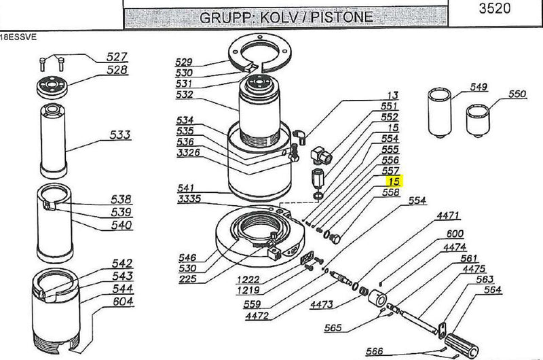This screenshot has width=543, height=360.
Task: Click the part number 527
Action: tap(117, 58)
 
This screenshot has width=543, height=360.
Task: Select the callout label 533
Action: tap(121, 135)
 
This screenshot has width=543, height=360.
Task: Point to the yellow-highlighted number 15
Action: tap(393, 183)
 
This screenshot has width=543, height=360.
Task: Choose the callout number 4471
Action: tap(449, 217)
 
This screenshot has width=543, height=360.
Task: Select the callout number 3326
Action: tap(189, 152)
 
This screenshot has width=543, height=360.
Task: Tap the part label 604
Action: tap(123, 301)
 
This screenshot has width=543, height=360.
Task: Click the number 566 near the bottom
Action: tap(374, 350)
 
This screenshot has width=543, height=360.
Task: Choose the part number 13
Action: tap(392, 96)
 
